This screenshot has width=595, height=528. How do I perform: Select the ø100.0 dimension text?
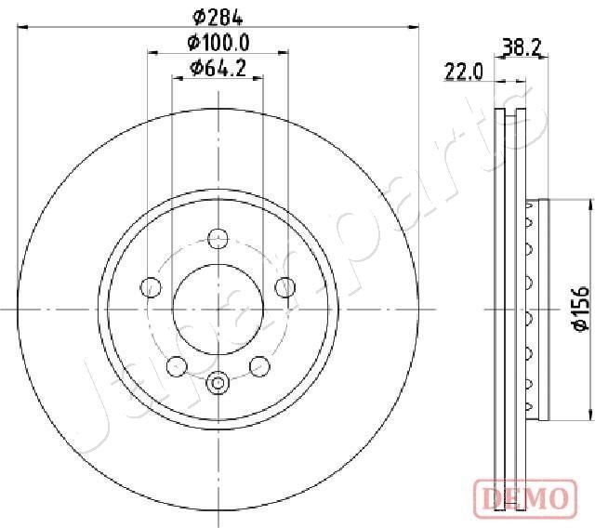click(218, 42)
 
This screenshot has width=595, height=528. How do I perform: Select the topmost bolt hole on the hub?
click(218, 237)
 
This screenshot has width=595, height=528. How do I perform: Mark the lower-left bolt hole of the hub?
click(175, 366)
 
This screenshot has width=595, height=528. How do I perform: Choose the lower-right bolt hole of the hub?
click(260, 366)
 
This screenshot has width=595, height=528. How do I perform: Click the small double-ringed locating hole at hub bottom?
click(218, 381)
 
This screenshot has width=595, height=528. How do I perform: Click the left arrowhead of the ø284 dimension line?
click(23, 27)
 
